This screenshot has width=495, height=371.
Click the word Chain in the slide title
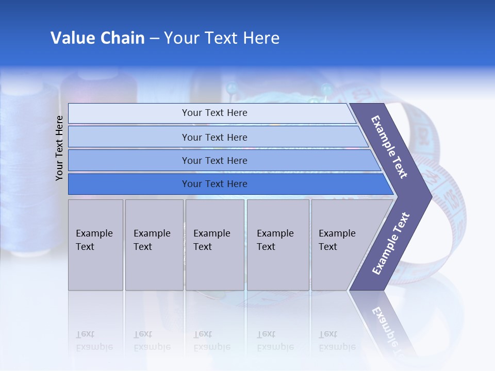123,38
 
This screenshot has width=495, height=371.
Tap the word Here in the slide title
261,38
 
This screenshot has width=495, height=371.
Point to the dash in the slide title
154,39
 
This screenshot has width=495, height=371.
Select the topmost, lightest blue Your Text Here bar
214,113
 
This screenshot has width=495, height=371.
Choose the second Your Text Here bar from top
214,137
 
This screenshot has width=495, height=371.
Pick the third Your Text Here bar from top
214,161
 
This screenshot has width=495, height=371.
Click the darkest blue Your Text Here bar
214,184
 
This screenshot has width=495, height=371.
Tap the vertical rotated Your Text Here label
59,148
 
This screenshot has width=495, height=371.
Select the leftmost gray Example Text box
95,245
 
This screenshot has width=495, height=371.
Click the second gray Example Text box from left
154,245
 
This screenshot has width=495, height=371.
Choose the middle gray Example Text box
214,245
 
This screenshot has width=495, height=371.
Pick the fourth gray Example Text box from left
278,245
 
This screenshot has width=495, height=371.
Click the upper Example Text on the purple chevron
389,147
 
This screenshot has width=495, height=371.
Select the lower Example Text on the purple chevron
390,244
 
